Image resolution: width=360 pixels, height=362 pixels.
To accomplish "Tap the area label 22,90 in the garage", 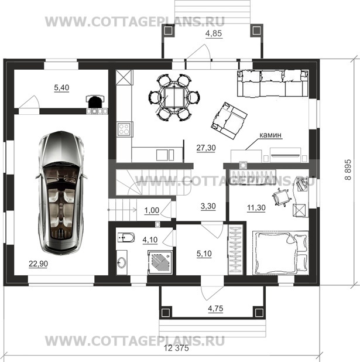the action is coord(38,264).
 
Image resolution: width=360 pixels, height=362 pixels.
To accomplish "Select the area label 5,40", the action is coord(61,87).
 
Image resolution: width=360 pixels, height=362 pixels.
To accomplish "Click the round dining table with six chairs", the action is coord(174,97).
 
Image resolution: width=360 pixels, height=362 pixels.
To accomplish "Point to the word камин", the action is coord(270,135).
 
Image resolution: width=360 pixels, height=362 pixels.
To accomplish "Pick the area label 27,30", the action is coord(206,148).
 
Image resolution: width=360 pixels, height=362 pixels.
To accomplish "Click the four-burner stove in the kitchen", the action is coord(124,129).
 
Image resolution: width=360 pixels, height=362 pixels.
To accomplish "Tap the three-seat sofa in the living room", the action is coord(273,83).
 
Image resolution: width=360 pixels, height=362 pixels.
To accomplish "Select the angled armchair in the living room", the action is coord(229,121).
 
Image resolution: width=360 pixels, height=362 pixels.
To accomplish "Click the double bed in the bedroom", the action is coord(280,253).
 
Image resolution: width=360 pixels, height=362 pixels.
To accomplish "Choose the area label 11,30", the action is coord(256,207).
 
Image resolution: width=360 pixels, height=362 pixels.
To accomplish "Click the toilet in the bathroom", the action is coord(126,238).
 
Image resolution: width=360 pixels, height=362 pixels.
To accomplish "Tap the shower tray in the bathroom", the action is coord(160,263).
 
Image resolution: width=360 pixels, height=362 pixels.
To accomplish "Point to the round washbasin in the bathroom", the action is coord(122,262).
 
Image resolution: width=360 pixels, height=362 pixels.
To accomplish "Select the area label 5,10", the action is coord(204,254).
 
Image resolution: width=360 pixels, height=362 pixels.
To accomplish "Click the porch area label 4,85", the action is coord(214,33).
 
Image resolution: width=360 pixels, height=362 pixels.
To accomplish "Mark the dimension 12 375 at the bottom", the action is coord(176,348).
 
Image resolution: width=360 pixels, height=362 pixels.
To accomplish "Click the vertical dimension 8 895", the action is coord(348,169).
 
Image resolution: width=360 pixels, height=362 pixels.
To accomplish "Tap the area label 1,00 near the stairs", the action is coord(152,210).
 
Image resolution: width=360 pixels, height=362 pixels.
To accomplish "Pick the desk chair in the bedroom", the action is coord(280,197).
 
